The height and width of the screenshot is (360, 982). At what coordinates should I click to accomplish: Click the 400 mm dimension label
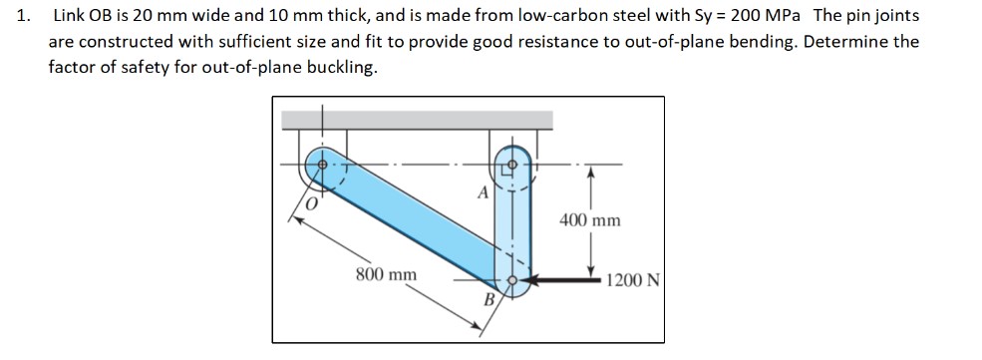tap(590, 219)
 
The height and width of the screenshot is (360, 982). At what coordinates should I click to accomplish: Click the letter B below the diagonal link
tap(490, 300)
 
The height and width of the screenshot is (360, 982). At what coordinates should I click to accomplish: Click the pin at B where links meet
tap(512, 280)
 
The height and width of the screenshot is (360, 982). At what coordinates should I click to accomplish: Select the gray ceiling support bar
tap(417, 120)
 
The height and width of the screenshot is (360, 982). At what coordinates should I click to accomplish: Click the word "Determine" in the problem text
tap(850, 43)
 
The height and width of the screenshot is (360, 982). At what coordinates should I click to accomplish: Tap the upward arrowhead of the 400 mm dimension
tap(591, 173)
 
